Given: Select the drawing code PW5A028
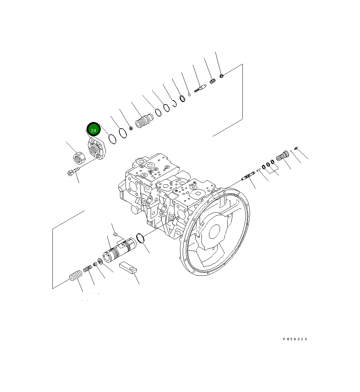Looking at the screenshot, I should point(295,339).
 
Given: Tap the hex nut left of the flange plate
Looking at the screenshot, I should point(79,158).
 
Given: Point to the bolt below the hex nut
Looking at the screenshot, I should point(73,171).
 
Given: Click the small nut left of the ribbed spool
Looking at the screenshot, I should point(131,129).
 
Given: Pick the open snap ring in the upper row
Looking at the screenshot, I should point(175,103).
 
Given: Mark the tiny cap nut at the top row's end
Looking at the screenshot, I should point(222,75).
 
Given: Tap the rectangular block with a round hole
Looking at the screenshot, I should point(129,268).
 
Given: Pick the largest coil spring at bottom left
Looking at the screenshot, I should point(76,276).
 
